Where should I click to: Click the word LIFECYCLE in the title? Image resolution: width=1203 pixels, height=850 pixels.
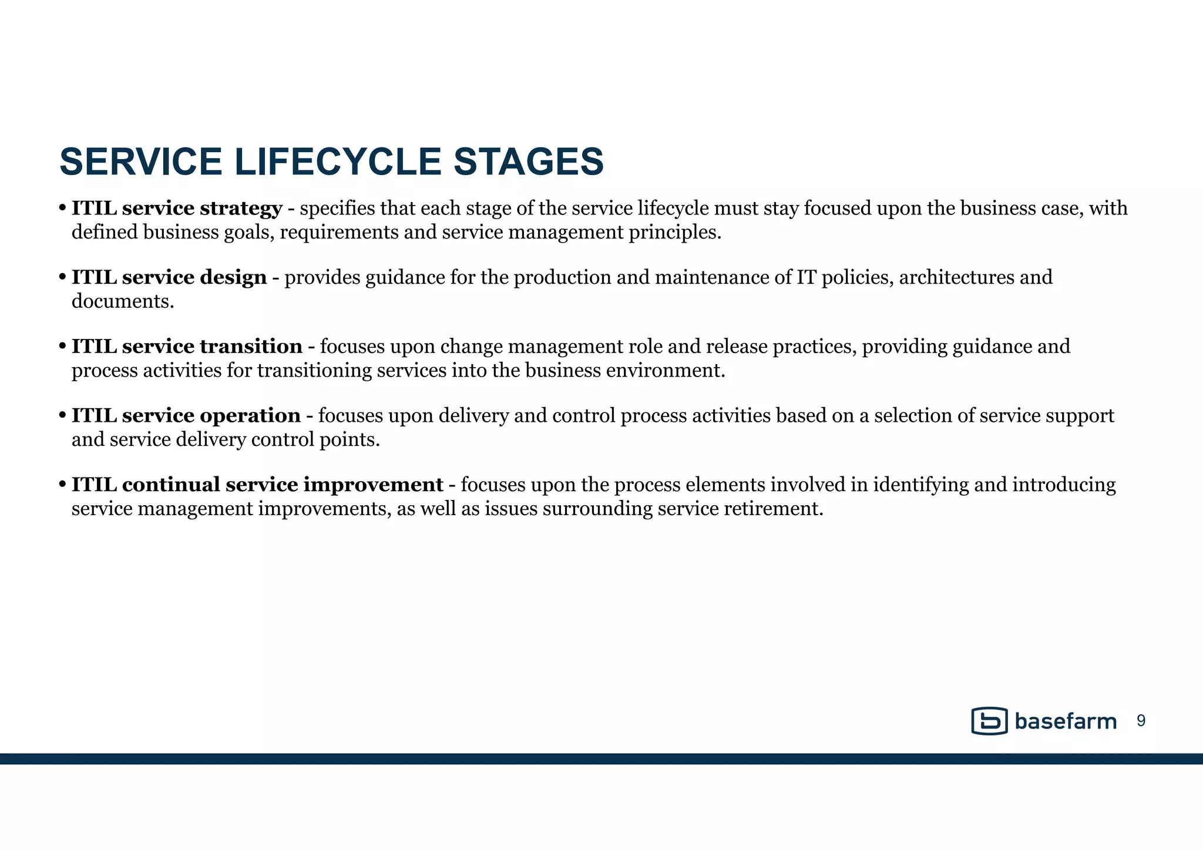point(338,162)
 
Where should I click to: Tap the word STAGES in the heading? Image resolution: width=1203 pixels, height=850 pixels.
point(528,162)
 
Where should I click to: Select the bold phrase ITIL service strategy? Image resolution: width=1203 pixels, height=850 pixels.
point(177,208)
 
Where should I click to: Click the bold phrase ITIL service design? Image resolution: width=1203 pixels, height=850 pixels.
point(169,277)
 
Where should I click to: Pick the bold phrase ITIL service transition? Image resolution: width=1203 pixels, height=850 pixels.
point(187,346)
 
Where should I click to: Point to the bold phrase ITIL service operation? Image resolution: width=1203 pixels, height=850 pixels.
point(186,415)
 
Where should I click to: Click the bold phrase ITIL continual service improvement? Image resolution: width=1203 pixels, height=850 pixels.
point(257,484)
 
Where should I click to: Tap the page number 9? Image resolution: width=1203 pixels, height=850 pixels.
point(1141,721)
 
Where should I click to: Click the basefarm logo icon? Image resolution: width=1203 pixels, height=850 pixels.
point(989,721)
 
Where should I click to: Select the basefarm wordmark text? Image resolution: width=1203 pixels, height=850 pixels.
point(1065,721)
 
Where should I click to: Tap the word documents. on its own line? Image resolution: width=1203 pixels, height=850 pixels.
point(123,301)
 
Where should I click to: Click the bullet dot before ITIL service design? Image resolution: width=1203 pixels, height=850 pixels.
point(62,277)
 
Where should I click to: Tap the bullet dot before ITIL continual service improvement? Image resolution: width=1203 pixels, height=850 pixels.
point(62,485)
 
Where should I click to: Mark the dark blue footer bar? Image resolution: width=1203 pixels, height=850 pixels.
point(601,758)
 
